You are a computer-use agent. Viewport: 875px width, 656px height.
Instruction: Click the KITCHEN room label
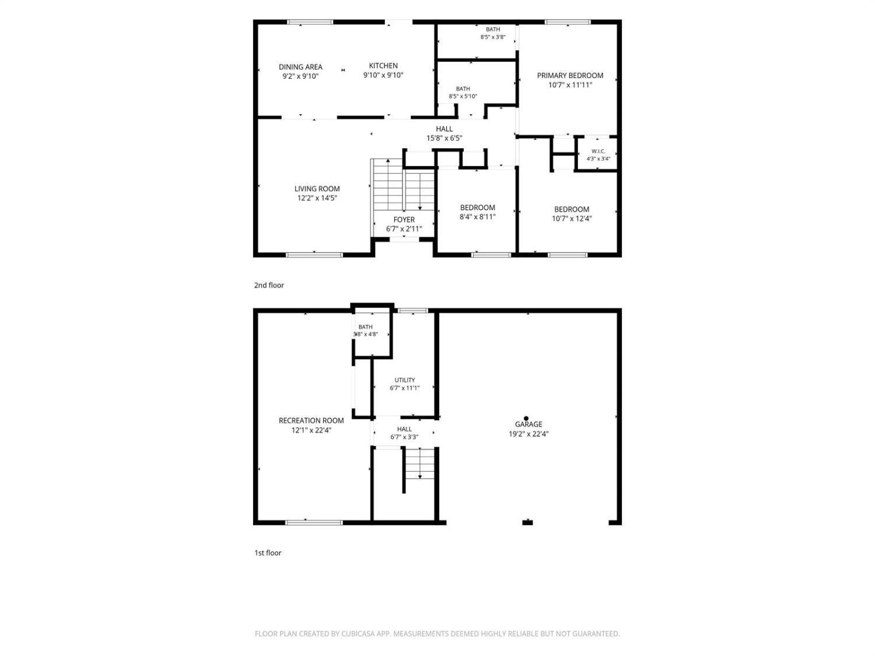pos(383,66)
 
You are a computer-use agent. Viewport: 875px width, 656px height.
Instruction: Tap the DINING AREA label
pos(300,67)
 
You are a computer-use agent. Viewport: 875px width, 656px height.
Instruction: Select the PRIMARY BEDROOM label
pos(570,75)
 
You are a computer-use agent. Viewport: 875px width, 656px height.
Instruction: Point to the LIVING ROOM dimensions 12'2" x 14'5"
pos(317,198)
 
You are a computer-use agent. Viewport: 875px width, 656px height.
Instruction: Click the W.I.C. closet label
pos(598,152)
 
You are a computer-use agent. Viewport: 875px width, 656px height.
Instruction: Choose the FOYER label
pos(404,219)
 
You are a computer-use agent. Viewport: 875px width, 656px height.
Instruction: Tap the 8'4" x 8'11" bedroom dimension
pos(477,217)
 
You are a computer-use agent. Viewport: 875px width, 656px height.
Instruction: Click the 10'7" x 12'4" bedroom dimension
pos(571,218)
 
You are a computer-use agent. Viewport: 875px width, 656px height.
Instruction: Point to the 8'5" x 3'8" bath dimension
pos(493,37)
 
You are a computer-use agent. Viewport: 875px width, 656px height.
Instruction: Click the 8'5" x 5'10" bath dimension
pos(463,96)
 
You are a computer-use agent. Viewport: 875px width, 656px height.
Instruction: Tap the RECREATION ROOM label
pos(311,420)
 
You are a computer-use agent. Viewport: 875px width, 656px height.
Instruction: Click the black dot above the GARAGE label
pos(526,418)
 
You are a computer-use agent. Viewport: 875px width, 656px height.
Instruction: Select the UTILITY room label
pos(404,380)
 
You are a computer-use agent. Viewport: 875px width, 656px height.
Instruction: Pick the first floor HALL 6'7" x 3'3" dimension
pos(404,437)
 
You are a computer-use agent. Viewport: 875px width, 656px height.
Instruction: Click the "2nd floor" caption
pos(269,285)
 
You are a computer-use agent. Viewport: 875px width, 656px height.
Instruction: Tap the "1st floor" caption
pos(268,553)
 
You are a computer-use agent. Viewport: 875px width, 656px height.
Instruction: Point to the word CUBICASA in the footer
pos(358,634)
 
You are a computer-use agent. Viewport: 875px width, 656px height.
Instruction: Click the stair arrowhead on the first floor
pos(419,476)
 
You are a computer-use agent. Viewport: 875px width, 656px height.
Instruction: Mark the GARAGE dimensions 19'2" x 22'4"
pos(528,434)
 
